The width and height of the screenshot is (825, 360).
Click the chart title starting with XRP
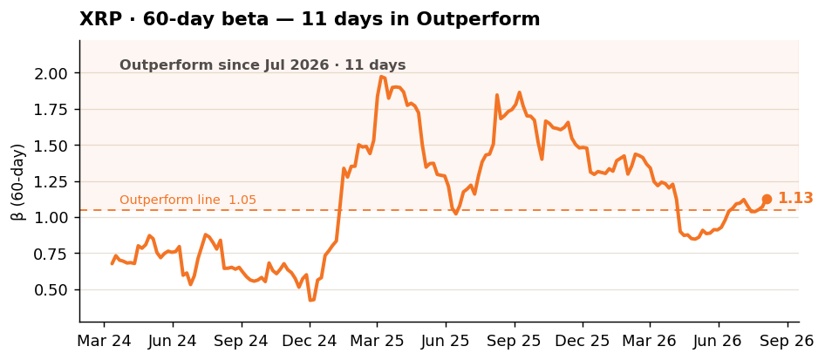[x=310, y=19]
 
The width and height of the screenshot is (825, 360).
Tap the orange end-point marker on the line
[x=767, y=200]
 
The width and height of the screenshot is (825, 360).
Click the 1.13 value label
[x=795, y=198]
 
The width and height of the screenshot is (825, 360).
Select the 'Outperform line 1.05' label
[x=187, y=200]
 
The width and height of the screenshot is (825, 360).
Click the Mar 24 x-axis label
[x=104, y=341]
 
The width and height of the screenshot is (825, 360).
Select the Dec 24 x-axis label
[x=310, y=341]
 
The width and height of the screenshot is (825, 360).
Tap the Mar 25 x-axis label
[x=378, y=341]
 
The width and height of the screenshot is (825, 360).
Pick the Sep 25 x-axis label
[x=515, y=341]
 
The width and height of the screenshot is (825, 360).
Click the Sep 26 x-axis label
[x=787, y=341]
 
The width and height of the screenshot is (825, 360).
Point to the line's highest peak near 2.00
[x=380, y=76]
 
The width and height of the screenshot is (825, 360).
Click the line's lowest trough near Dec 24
[x=310, y=301]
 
